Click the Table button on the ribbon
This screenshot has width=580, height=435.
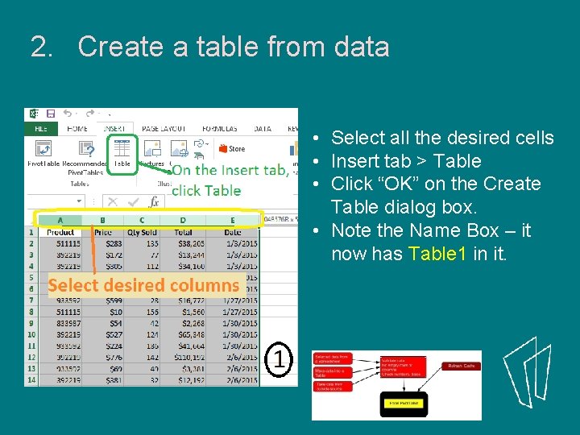[x=122, y=151]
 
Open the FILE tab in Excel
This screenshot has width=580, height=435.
[x=39, y=129]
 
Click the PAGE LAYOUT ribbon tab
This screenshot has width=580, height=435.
[x=164, y=129]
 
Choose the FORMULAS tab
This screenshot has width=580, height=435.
[x=220, y=129]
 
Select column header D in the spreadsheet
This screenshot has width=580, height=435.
[x=183, y=220]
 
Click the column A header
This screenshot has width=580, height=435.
[x=61, y=220]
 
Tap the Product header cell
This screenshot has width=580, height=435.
[x=61, y=232]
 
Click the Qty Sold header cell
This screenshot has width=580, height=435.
[x=143, y=232]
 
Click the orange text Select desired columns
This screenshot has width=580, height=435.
[x=143, y=284]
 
